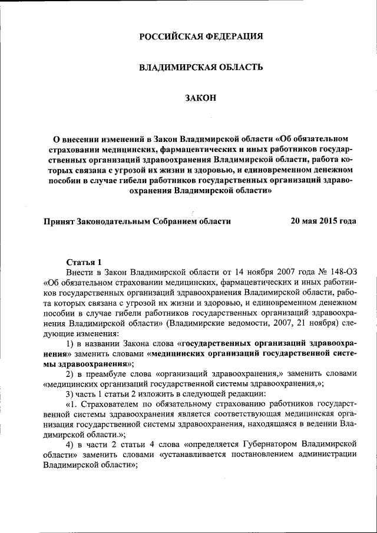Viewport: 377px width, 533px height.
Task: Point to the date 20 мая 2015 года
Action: pyautogui.click(x=323, y=221)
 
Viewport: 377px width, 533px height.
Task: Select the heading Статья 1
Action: pyautogui.click(x=84, y=261)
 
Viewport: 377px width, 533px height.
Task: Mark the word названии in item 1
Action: pyautogui.click(x=98, y=344)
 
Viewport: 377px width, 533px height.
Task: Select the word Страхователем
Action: pyautogui.click(x=110, y=406)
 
